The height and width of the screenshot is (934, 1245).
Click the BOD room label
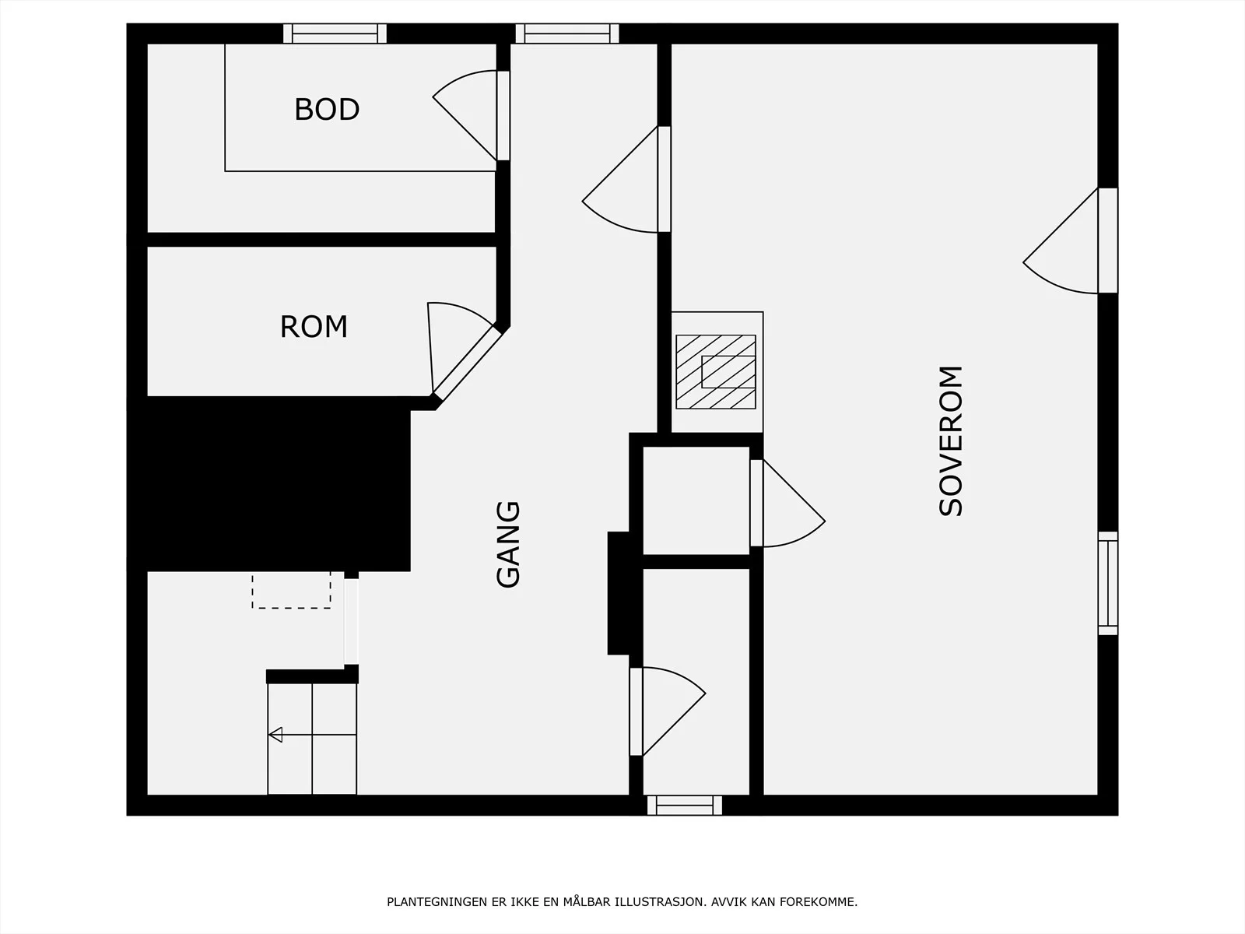click(x=327, y=110)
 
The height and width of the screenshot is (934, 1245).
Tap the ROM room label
click(x=314, y=327)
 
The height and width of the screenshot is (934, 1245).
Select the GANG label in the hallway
click(x=508, y=544)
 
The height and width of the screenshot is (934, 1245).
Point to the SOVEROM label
click(x=951, y=441)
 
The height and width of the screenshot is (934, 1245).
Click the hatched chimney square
click(x=716, y=372)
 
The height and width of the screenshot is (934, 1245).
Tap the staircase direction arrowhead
click(x=275, y=735)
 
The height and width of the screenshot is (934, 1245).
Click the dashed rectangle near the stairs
click(x=292, y=590)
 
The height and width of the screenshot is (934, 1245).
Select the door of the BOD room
click(x=471, y=116)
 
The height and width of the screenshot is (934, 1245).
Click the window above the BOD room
click(x=335, y=33)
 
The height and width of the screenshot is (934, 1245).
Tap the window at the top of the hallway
click(x=567, y=33)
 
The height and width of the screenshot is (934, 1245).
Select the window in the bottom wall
click(x=685, y=806)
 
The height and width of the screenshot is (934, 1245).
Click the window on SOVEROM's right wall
click(x=1108, y=583)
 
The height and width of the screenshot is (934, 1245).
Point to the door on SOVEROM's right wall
click(x=1070, y=241)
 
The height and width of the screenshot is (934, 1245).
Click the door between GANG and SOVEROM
click(x=626, y=179)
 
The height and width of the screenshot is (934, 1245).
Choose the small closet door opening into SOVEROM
click(x=787, y=503)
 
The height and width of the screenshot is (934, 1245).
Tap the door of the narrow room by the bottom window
click(x=668, y=711)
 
